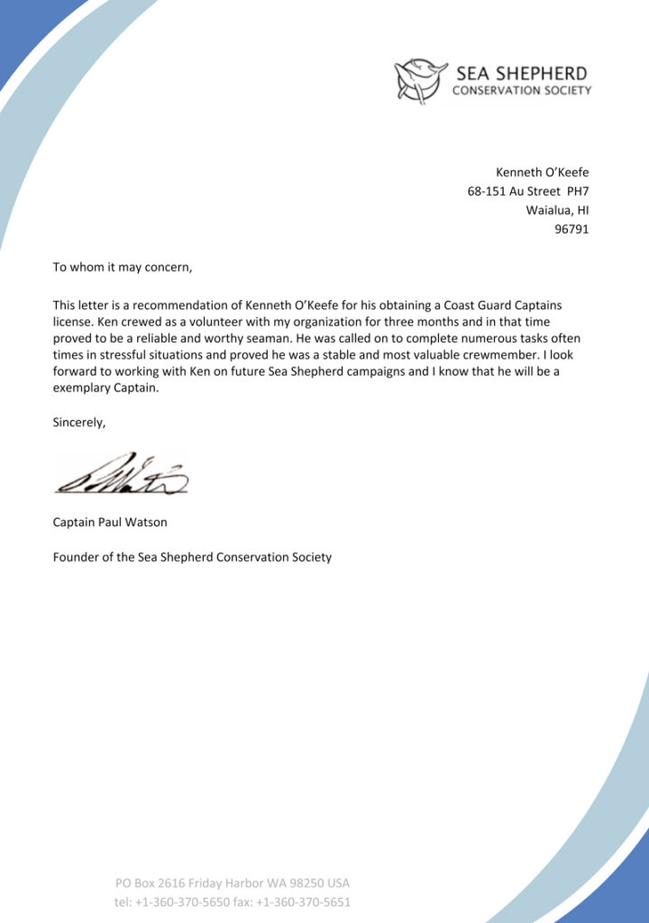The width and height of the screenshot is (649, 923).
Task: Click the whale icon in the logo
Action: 421,80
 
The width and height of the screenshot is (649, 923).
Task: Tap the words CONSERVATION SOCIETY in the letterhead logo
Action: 522,90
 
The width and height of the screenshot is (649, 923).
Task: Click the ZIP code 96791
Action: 571,229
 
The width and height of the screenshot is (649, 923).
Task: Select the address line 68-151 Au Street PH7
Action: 527,191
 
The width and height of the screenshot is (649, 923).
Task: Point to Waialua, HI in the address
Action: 557,210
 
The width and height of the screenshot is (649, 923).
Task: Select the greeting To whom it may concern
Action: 123,267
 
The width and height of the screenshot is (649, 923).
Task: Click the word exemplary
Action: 85,388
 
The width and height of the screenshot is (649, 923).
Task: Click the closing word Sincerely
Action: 79,421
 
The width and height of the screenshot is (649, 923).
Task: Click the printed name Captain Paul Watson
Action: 110,522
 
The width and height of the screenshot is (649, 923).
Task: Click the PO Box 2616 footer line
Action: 232,882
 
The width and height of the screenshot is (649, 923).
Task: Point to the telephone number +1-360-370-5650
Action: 182,901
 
